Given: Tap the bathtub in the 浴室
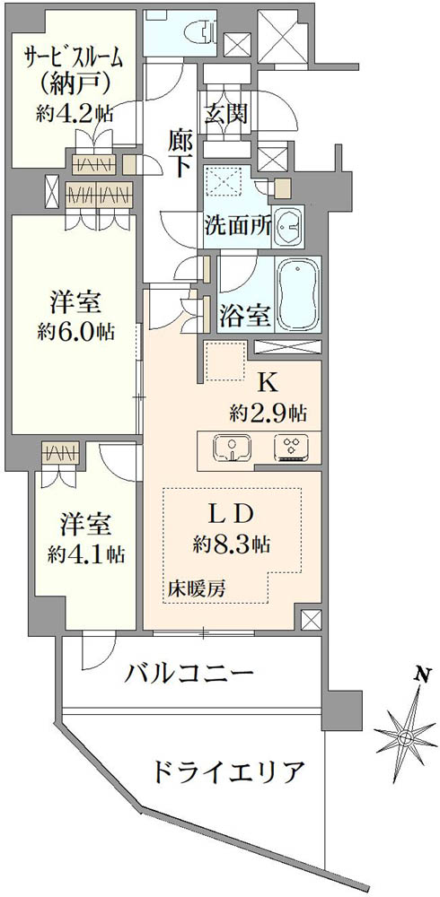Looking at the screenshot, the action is click(297, 294).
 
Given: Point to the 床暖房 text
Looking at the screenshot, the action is click(196, 589).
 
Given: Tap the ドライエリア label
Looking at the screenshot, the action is click(227, 772).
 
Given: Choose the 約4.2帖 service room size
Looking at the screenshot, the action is click(75, 113).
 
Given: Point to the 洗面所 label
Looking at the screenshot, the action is click(238, 227).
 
